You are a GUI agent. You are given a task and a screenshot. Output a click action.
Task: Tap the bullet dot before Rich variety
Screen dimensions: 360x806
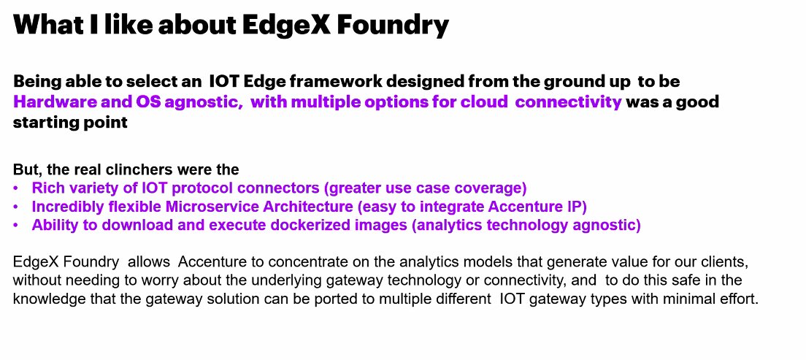(x=17, y=188)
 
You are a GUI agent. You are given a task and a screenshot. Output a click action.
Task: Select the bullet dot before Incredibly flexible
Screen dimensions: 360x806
(x=17, y=207)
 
